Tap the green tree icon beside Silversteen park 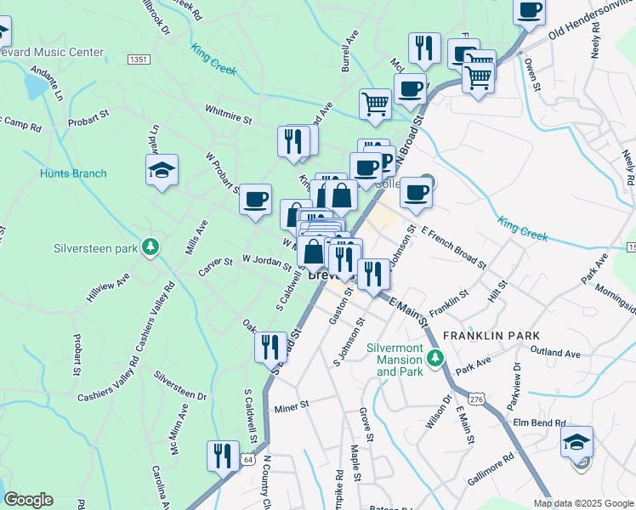click(150, 247)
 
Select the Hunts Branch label click(73, 174)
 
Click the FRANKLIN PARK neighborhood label click(503, 336)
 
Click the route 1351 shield click(139, 59)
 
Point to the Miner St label click(291, 408)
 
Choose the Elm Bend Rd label click(538, 422)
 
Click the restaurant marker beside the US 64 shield click(224, 455)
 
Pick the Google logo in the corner click(28, 500)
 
